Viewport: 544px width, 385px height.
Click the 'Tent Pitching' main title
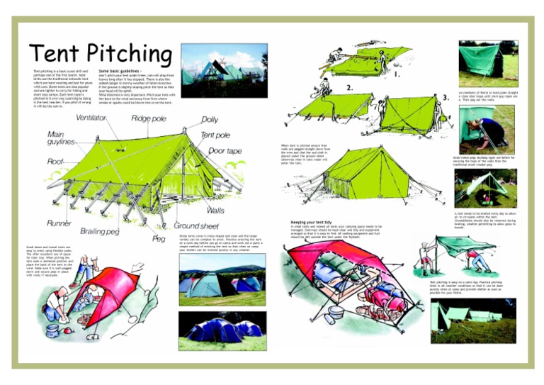100,52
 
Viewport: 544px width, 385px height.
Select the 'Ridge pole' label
149,118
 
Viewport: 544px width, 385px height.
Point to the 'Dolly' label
210,120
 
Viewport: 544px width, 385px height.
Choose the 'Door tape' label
225,150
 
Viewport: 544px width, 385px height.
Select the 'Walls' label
215,211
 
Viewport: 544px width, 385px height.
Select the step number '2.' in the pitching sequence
349,88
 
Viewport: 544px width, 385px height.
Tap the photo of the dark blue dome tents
222,325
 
